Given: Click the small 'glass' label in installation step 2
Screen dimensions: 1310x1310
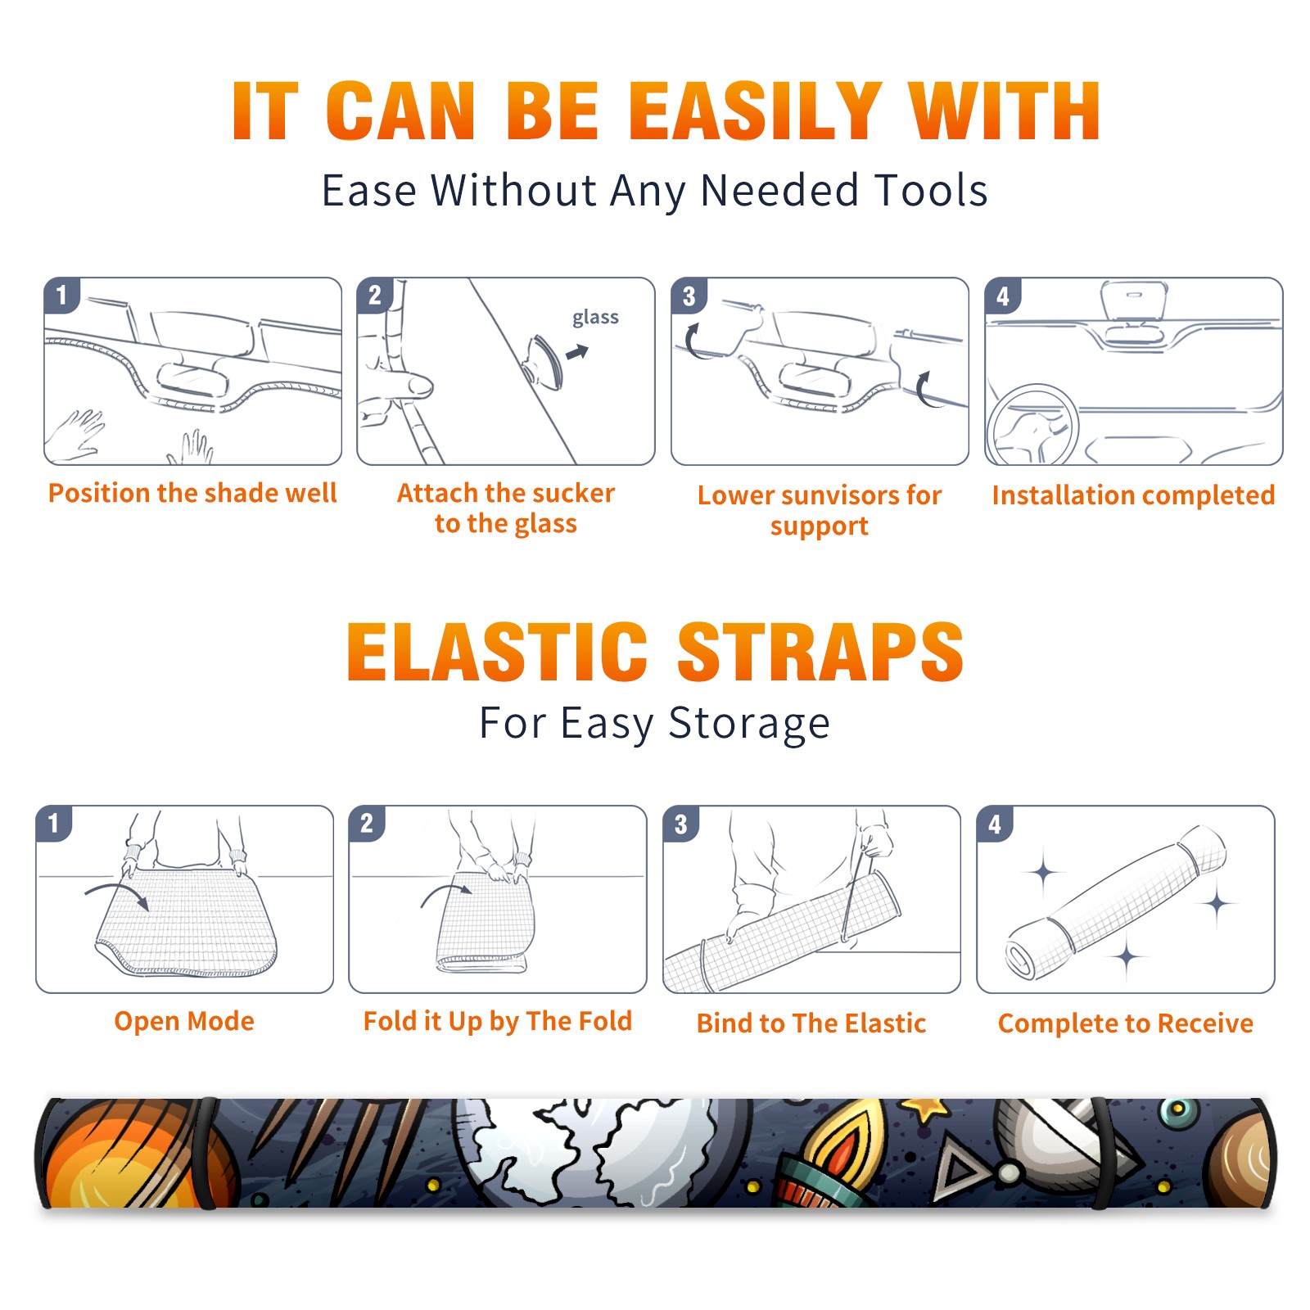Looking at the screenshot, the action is pyautogui.click(x=595, y=318).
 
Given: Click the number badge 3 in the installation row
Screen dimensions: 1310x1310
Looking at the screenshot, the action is pyautogui.click(x=689, y=296).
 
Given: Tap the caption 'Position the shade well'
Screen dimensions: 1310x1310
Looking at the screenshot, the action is pyautogui.click(x=192, y=493).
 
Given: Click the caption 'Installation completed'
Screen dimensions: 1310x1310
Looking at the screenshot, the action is pyautogui.click(x=1133, y=495).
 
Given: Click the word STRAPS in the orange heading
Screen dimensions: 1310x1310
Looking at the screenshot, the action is pyautogui.click(x=820, y=652).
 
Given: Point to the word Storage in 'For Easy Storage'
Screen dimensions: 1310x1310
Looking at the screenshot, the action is pyautogui.click(x=749, y=724).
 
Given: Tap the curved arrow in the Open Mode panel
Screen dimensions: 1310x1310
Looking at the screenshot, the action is pyautogui.click(x=117, y=895).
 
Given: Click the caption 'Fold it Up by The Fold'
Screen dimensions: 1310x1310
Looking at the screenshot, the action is pyautogui.click(x=498, y=1022).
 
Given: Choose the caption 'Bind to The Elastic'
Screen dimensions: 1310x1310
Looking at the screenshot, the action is pyautogui.click(x=811, y=1023).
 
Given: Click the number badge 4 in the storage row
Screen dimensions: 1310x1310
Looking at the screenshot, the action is pyautogui.click(x=994, y=824).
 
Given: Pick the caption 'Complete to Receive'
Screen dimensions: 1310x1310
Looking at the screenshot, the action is pyautogui.click(x=1126, y=1023).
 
